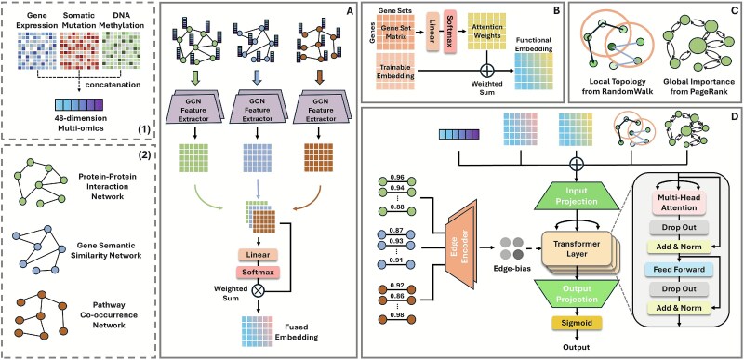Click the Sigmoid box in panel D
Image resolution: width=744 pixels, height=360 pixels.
point(577,324)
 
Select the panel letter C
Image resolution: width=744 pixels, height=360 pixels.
point(732,10)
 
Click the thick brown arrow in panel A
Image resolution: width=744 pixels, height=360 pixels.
point(321,76)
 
